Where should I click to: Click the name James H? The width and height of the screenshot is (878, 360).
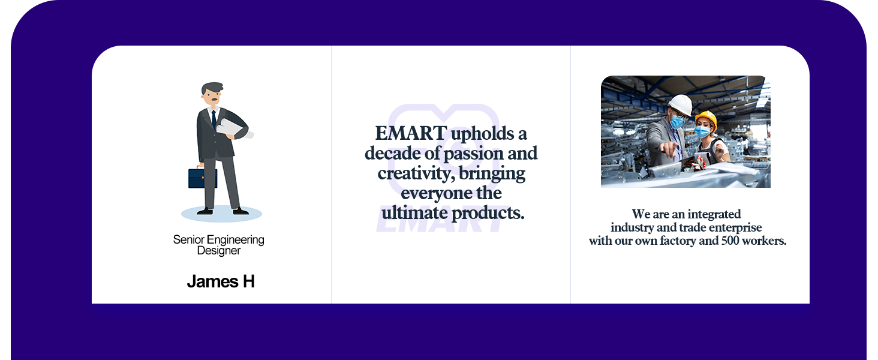coord(221,281)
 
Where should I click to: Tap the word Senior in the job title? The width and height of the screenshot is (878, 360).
coord(188,239)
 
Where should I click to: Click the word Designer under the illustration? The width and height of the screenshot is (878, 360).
coord(219,251)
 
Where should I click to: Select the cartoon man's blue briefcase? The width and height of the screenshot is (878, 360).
coord(202,178)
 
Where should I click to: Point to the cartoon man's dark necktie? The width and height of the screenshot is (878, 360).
coord(214,119)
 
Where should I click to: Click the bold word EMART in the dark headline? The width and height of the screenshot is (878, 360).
coord(411,133)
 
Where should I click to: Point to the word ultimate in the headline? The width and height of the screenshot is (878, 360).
coord(414,214)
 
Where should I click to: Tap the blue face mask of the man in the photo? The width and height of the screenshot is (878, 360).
coord(676,122)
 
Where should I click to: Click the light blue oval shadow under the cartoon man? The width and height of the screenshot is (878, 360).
coord(221,214)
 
